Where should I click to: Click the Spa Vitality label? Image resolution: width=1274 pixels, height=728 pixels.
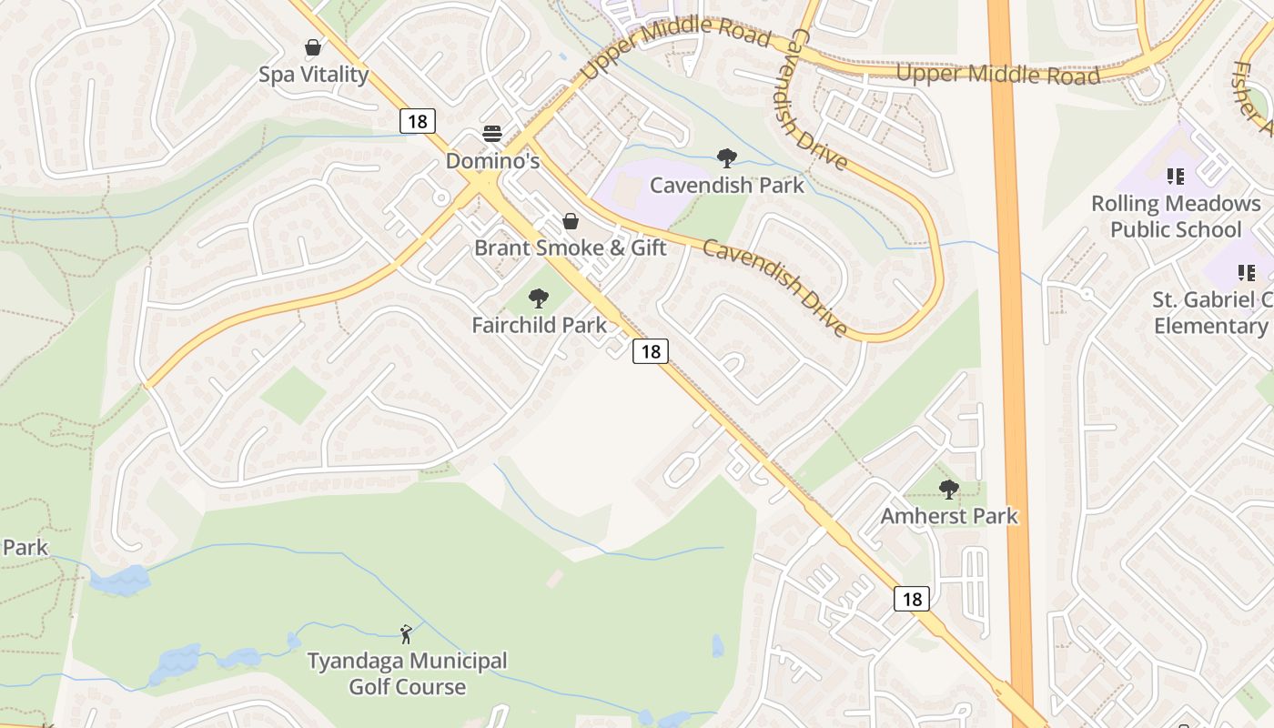click(x=313, y=75)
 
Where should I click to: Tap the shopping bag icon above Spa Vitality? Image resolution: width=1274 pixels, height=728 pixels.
click(x=313, y=47)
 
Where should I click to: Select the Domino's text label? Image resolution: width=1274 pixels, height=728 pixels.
click(x=492, y=161)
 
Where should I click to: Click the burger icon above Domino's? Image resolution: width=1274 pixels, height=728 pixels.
click(x=492, y=135)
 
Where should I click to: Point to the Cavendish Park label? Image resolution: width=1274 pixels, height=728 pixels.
click(x=726, y=185)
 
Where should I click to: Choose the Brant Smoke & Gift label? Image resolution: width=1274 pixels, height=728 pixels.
click(x=570, y=248)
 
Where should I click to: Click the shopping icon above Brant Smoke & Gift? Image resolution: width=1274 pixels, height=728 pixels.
click(x=570, y=221)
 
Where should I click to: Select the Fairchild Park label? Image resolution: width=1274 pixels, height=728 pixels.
click(x=539, y=324)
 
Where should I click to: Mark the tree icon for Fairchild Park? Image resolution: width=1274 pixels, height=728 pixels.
click(x=539, y=298)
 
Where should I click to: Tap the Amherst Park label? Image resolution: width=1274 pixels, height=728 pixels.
click(x=948, y=516)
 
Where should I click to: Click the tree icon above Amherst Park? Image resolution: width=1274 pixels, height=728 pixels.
click(x=948, y=490)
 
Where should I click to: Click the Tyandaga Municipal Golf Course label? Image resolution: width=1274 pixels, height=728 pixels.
click(x=407, y=673)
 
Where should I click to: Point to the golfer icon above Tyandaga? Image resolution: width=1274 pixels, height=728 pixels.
click(x=407, y=633)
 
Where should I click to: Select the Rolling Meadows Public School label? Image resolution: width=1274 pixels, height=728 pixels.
click(x=1176, y=217)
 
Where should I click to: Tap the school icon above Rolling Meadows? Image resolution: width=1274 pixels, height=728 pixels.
click(x=1176, y=177)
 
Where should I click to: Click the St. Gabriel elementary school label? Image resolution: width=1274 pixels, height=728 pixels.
click(x=1212, y=312)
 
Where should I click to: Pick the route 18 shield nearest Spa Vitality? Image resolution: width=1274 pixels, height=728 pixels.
click(x=417, y=120)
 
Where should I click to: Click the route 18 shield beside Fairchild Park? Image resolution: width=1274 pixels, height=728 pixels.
click(x=651, y=351)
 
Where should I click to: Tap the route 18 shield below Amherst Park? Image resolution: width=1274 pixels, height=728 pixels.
click(x=912, y=598)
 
